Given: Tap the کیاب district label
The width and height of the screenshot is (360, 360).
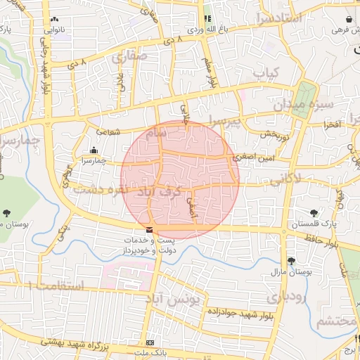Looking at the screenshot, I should pyautogui.click(x=266, y=73).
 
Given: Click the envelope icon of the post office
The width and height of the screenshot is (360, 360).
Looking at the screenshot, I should pyautogui.click(x=148, y=230).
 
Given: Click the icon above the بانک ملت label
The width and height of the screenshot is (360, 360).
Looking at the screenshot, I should pyautogui.click(x=148, y=342).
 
